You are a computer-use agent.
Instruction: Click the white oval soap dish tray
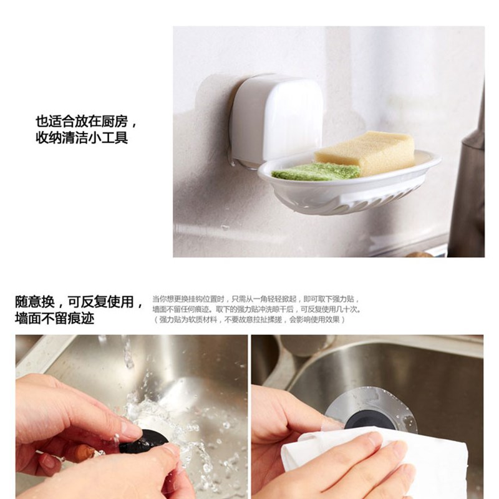[x=349, y=187]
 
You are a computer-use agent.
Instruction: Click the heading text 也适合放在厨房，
[x=86, y=121]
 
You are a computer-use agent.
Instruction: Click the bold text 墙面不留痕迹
[x=54, y=318]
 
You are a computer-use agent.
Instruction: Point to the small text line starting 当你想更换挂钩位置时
[x=256, y=299]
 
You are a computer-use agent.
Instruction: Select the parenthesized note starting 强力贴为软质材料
[x=249, y=319]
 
